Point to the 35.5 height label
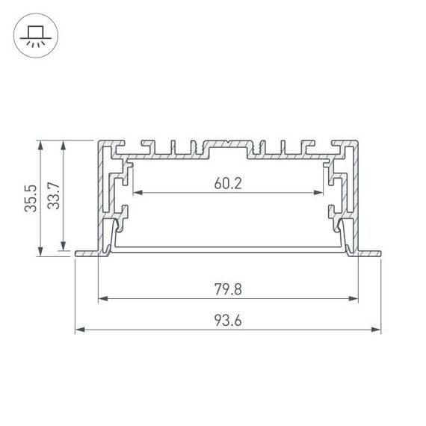29,199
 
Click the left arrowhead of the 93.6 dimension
79,330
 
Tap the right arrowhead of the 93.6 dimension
377,330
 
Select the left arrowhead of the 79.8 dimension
102,299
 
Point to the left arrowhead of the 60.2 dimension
137,193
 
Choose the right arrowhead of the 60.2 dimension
319,193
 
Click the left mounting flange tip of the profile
78,253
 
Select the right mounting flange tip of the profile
379,253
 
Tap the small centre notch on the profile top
228,140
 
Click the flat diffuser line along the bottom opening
228,247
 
